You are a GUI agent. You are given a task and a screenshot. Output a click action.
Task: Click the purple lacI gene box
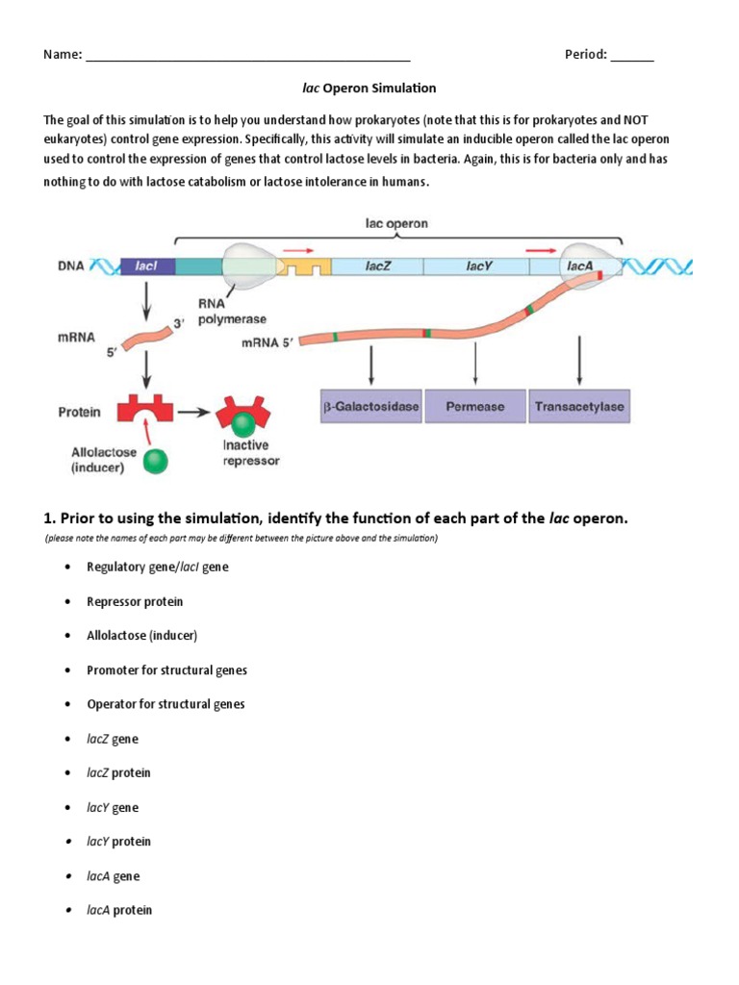click(147, 266)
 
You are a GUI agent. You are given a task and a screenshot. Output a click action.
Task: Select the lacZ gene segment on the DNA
click(376, 266)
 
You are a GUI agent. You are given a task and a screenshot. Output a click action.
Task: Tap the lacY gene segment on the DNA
click(478, 266)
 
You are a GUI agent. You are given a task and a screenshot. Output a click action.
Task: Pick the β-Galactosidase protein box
click(371, 406)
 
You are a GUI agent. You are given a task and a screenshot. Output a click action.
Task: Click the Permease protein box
click(475, 406)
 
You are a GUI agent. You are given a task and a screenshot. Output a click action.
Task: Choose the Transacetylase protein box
click(579, 406)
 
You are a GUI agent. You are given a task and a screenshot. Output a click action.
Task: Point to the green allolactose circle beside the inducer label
click(154, 462)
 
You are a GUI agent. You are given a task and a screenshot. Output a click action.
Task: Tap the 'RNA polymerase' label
click(232, 312)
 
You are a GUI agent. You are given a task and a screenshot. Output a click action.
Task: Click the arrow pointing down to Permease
click(475, 365)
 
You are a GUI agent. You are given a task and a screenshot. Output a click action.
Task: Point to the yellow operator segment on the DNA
click(305, 267)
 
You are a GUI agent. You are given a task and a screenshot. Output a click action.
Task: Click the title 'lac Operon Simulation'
click(369, 88)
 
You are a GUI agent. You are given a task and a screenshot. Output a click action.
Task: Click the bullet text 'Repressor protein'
click(135, 601)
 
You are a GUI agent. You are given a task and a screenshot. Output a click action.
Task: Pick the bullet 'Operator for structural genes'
click(166, 704)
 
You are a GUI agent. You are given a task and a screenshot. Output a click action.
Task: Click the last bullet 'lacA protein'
click(119, 910)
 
